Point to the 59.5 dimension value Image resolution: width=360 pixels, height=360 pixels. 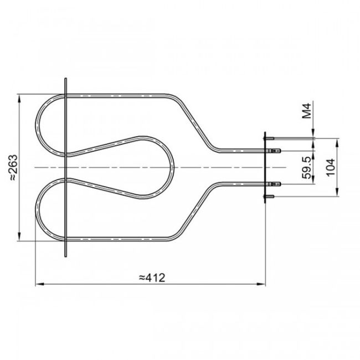coord(306,167)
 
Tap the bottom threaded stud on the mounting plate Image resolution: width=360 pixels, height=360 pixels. coord(271,196)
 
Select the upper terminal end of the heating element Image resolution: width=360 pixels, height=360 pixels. coord(277,150)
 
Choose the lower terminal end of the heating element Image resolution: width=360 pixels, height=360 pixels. coord(277,183)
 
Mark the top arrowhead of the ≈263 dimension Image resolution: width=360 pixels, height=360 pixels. coord(20,97)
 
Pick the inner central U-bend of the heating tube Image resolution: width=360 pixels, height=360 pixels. coord(172,167)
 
